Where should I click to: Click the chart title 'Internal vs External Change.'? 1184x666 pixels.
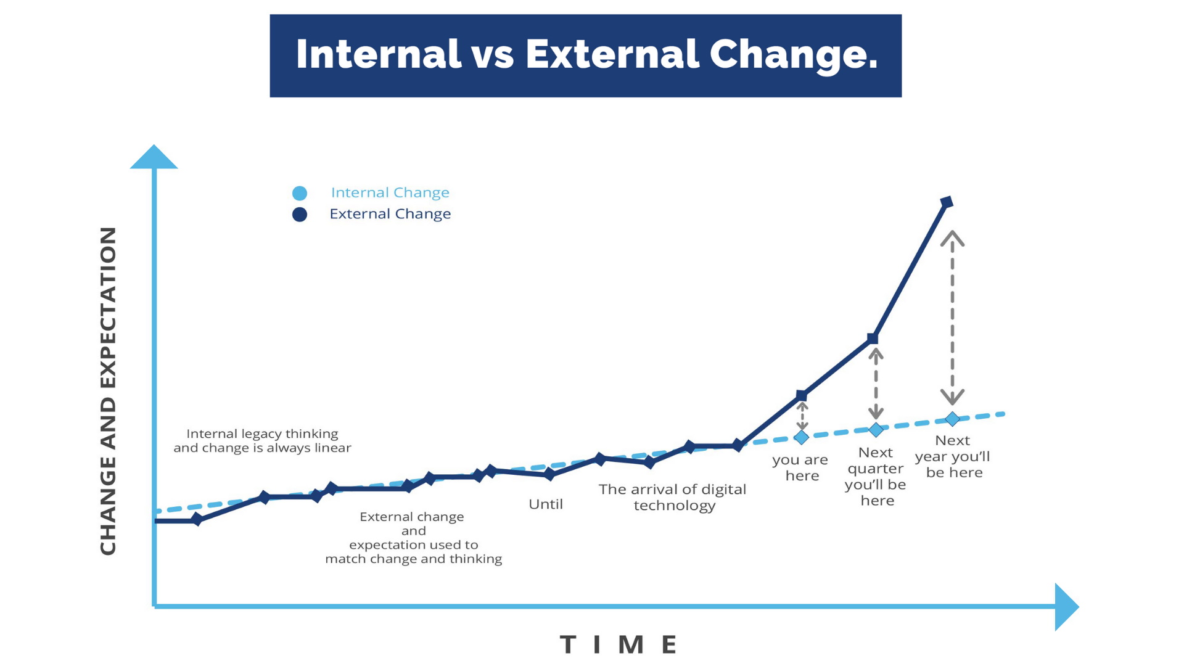(x=586, y=55)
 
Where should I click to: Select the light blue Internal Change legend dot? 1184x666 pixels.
(x=300, y=193)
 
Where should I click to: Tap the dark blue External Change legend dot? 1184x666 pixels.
(x=300, y=215)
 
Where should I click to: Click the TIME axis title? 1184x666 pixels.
(x=619, y=644)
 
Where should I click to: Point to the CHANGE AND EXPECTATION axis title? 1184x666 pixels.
(x=108, y=391)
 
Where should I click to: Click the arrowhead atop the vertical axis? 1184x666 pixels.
(x=154, y=158)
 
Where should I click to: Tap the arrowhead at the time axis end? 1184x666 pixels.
(x=1066, y=607)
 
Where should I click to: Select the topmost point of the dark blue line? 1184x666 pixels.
(x=947, y=202)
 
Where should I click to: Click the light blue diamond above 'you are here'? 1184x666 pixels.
(x=801, y=437)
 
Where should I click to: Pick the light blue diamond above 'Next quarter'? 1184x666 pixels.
(x=876, y=429)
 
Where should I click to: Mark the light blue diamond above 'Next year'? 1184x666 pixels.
(x=953, y=419)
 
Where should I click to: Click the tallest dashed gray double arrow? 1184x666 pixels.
(x=953, y=318)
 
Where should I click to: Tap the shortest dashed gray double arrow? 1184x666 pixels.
(x=802, y=416)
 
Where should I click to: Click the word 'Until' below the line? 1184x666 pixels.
(x=546, y=504)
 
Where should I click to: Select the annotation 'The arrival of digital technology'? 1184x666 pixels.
(x=673, y=497)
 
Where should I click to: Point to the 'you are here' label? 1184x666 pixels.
(x=800, y=467)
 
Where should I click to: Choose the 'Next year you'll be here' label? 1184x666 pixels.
(x=953, y=456)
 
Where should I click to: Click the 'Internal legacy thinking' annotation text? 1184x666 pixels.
(x=262, y=440)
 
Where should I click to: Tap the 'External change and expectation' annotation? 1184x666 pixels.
(x=413, y=537)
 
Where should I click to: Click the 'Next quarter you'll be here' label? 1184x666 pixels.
(x=876, y=476)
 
